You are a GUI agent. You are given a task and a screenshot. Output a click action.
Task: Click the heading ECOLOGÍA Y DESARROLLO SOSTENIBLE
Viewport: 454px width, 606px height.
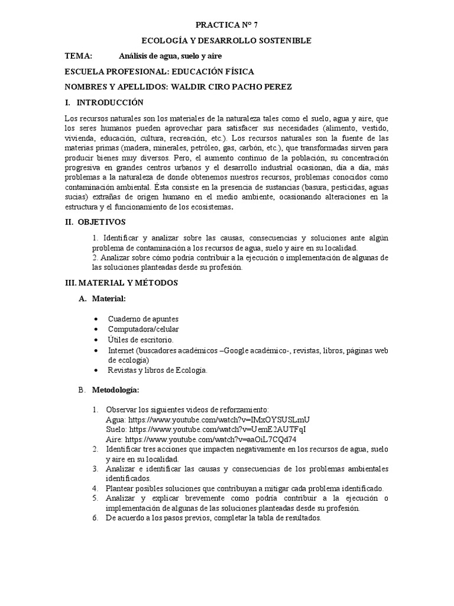click(227, 40)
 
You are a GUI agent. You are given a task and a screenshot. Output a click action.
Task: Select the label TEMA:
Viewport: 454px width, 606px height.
click(78, 56)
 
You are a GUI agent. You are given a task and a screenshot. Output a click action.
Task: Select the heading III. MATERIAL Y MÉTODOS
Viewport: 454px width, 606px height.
click(121, 283)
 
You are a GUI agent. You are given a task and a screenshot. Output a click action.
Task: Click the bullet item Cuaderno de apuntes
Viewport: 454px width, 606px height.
click(143, 319)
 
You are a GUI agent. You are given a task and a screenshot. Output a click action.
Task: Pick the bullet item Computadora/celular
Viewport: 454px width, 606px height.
click(143, 329)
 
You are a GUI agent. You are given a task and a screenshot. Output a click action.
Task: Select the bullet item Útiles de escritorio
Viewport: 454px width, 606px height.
click(141, 340)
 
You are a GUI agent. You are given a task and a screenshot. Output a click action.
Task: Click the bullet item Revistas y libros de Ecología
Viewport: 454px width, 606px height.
click(157, 370)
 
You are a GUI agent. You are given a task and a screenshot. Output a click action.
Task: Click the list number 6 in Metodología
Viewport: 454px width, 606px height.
click(95, 518)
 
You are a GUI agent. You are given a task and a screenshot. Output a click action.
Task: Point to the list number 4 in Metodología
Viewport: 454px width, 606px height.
click(95, 488)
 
